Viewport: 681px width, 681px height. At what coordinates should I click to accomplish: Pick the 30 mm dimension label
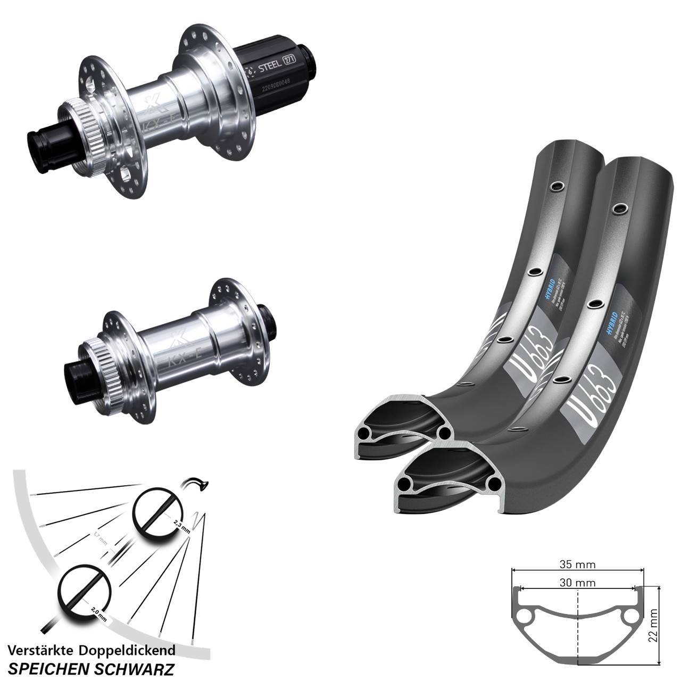click(x=578, y=583)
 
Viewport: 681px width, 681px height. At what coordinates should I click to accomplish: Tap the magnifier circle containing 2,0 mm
click(x=85, y=594)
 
